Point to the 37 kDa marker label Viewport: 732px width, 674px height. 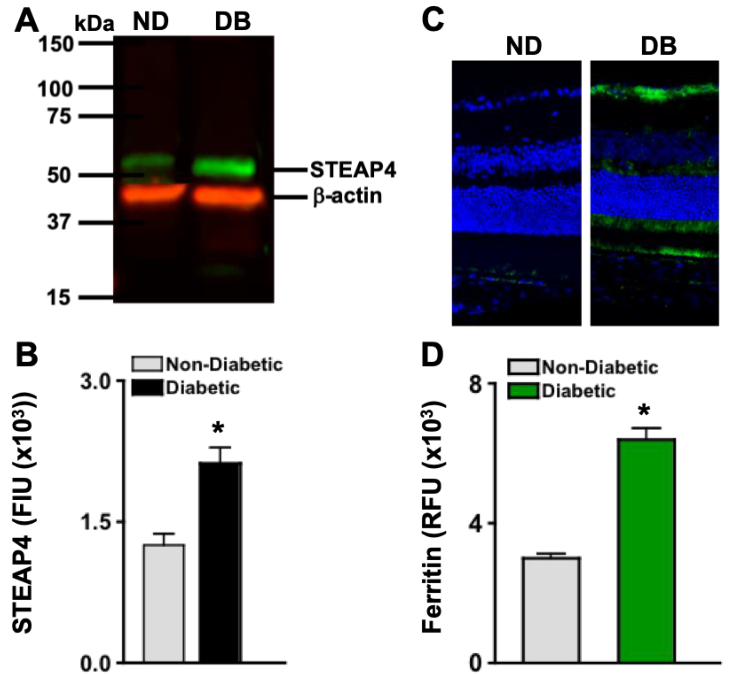point(58,222)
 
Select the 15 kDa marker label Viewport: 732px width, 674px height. point(58,298)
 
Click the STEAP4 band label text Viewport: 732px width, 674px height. point(353,170)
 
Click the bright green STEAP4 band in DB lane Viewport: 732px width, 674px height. point(224,168)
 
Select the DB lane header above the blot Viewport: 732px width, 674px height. point(233,22)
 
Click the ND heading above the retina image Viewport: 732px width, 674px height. point(523,47)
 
